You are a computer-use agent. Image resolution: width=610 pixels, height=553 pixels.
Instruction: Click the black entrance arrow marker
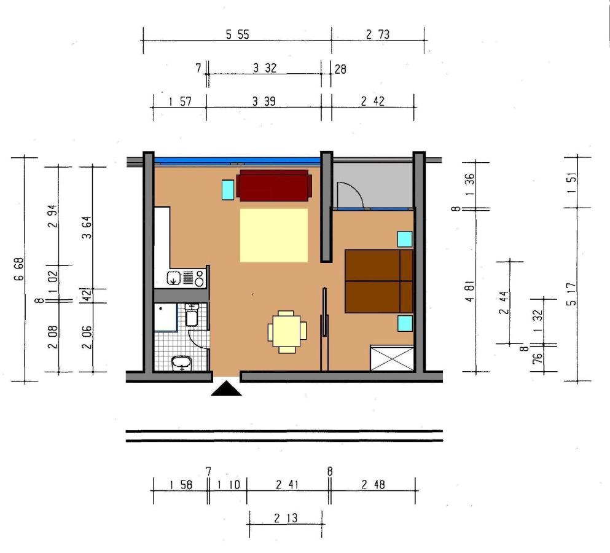tap(226, 389)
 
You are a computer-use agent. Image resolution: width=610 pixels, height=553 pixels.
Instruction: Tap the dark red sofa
tap(274, 185)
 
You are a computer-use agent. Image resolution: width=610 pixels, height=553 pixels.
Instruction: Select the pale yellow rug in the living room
tap(274, 235)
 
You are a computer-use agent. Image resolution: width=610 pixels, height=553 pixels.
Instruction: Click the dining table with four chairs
tap(287, 332)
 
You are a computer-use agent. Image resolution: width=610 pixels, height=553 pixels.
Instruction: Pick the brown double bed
tap(379, 281)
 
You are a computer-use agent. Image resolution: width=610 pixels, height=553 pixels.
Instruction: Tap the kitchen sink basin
tap(173, 278)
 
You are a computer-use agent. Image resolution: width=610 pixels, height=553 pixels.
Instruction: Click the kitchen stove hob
tap(193, 278)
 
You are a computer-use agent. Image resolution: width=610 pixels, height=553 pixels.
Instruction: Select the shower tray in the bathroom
tap(166, 317)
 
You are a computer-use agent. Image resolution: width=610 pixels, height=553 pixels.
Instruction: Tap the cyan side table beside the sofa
tap(228, 190)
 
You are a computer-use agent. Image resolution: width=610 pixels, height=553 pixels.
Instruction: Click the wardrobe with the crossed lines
tap(392, 358)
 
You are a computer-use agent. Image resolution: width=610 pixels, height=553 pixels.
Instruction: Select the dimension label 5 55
tap(237, 34)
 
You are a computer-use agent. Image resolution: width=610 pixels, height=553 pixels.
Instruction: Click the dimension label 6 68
tap(18, 269)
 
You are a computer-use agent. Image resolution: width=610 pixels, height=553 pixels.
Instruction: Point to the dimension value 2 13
tap(286, 518)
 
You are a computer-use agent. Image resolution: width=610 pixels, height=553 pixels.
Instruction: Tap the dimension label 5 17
tap(571, 294)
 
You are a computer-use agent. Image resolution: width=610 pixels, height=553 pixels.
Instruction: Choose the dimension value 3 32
tap(265, 68)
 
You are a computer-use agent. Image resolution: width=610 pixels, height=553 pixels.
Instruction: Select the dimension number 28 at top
tap(340, 69)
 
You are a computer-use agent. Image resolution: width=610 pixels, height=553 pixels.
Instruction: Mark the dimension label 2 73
tap(377, 34)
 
